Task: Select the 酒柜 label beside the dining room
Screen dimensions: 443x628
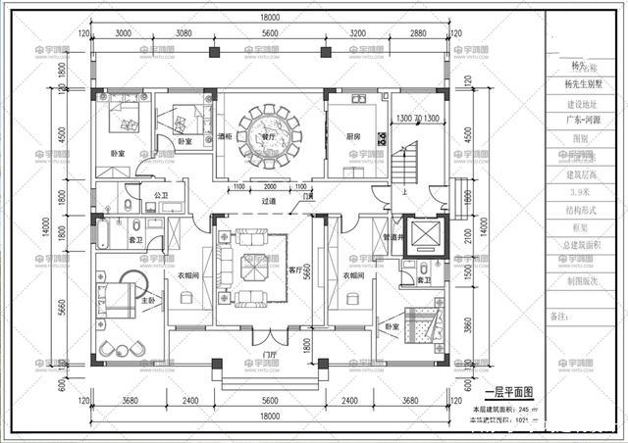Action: tap(225, 137)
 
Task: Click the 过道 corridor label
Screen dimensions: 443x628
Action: tap(268, 202)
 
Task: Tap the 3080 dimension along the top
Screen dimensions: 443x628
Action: tap(183, 32)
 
